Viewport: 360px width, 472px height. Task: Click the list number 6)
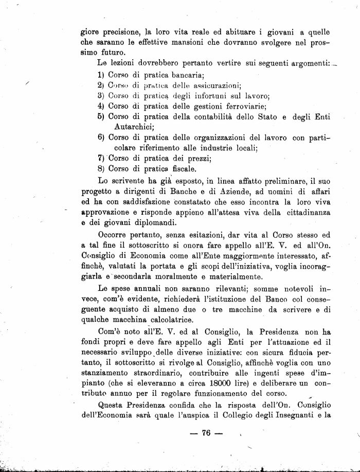click(x=101, y=137)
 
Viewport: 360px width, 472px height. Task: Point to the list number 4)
click(x=101, y=106)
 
